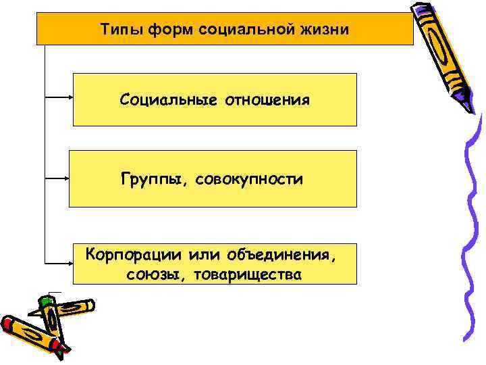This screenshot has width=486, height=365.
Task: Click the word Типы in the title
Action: pyautogui.click(x=119, y=30)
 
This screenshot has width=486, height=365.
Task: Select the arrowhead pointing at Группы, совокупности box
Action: pyautogui.click(x=65, y=179)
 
